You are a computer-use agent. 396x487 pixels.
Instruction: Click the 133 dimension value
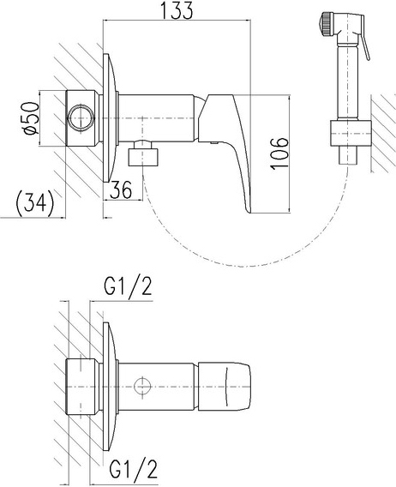point(177,10)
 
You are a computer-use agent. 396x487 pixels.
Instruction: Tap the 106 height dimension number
point(279,153)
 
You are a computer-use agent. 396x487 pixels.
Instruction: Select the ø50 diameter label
point(32,118)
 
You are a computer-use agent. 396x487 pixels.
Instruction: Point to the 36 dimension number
point(121,189)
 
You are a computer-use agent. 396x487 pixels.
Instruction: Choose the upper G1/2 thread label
point(128,286)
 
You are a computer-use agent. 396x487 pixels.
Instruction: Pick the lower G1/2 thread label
point(134,469)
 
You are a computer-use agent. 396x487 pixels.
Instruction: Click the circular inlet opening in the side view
point(81,118)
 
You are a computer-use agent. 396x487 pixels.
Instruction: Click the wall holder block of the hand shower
point(350,133)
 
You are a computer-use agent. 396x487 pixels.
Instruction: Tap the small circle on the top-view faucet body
point(142,387)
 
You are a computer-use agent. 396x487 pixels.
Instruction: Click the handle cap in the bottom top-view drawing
point(225,387)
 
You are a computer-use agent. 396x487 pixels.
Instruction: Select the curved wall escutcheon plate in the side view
point(110,118)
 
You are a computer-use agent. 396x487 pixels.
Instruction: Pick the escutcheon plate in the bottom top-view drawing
point(110,387)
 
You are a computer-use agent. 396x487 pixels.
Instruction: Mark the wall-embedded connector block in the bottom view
point(82,387)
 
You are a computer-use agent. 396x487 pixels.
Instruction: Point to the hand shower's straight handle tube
point(350,82)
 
